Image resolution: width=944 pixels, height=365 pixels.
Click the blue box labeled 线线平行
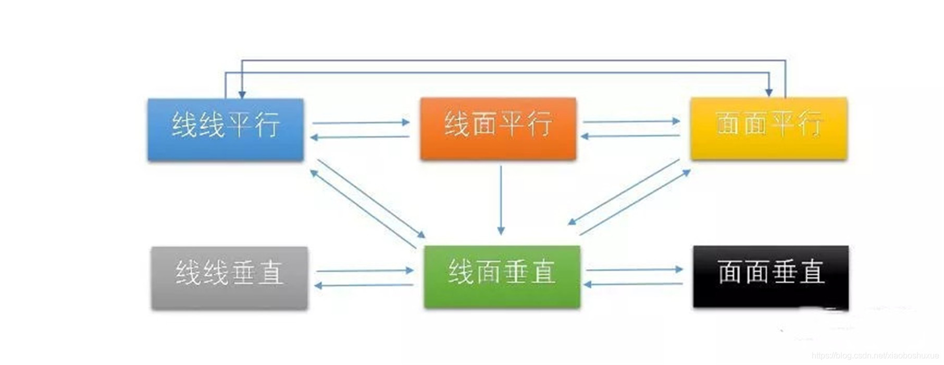(226, 129)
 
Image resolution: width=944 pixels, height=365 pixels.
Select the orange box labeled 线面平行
(498, 128)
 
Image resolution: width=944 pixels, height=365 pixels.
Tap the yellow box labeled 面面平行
(768, 128)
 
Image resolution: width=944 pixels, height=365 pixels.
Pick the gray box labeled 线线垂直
(229, 277)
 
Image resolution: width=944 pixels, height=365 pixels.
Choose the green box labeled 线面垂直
(502, 277)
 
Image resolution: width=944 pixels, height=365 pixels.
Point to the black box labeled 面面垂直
(771, 277)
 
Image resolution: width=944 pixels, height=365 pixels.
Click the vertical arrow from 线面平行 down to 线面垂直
(501, 201)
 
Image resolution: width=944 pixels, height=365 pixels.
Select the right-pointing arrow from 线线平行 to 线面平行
(361, 123)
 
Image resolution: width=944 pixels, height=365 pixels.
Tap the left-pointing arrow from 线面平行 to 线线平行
(359, 137)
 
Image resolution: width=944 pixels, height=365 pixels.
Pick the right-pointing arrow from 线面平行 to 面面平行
(631, 121)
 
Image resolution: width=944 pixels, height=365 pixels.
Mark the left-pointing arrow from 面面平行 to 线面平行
(630, 136)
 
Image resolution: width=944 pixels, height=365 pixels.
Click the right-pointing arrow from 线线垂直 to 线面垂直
(364, 271)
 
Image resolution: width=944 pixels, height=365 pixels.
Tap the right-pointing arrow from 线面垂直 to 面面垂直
(634, 270)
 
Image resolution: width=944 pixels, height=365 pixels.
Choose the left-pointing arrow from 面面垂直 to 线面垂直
(634, 284)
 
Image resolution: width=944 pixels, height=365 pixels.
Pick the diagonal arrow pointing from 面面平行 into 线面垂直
(624, 192)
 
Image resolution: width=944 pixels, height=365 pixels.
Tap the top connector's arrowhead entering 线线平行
(242, 94)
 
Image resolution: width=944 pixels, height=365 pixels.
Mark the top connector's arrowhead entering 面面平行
(768, 92)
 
